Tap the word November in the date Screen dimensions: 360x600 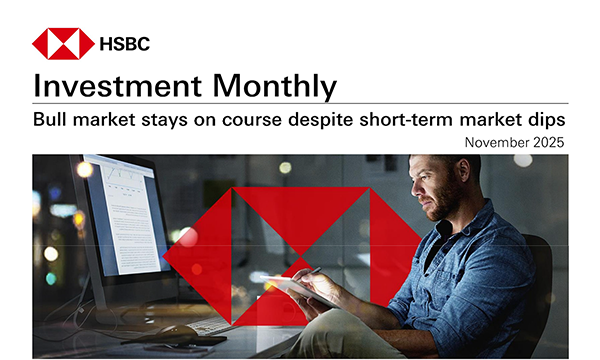point(497,143)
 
